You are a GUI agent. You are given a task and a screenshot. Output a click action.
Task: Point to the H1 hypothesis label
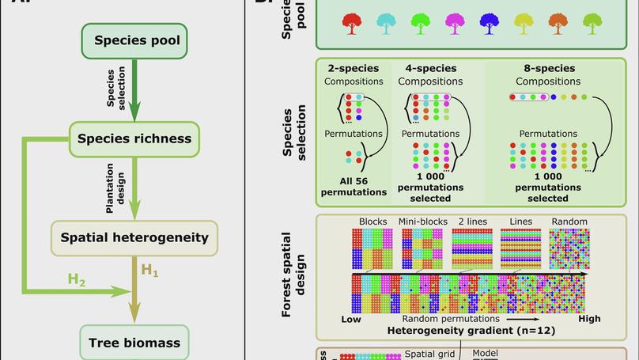point(149,271)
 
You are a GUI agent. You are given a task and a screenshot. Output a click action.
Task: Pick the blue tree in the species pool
point(489,23)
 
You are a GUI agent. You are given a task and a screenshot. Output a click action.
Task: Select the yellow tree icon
point(524,23)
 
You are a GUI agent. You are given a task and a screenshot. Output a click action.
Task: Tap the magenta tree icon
point(455,23)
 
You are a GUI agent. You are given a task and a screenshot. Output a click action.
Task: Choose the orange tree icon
point(558,23)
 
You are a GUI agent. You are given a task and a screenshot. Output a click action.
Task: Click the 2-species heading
point(354,69)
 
